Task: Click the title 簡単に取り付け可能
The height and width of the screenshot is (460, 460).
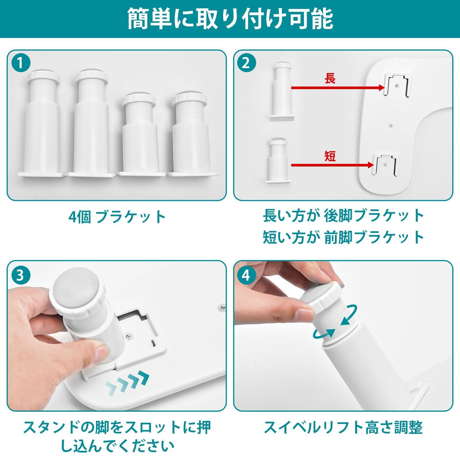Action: pos(230,19)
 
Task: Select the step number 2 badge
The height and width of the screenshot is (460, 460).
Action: pos(246,64)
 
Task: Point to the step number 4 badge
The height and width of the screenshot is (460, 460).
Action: pos(246,275)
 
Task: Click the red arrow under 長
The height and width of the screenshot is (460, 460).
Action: pos(338,87)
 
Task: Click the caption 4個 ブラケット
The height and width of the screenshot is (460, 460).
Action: pos(117,217)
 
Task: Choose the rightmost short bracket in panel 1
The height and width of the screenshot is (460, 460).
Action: pos(192,134)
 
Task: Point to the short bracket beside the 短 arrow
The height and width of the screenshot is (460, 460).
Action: pos(278,160)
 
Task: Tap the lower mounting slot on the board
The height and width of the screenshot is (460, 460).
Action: pos(386,165)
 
